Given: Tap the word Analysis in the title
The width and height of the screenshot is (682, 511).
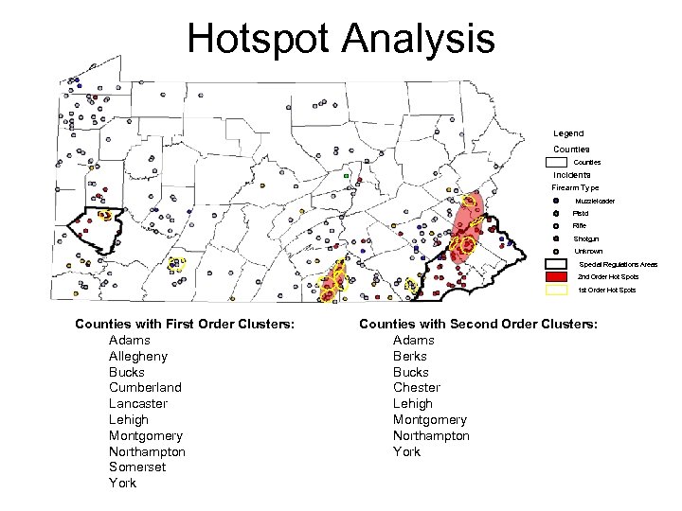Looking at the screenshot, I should (418, 40).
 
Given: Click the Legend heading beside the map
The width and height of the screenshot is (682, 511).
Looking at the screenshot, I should (568, 133).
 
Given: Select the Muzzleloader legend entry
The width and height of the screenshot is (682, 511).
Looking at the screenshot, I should (595, 201).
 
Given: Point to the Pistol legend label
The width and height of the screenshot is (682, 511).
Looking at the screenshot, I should (581, 214).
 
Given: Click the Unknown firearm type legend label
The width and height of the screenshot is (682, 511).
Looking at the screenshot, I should (587, 251).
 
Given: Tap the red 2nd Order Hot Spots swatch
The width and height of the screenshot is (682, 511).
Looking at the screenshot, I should (556, 276).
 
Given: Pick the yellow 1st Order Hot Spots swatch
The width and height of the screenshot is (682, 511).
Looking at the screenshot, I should (556, 290).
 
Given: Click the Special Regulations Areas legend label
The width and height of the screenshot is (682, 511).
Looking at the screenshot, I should (618, 264).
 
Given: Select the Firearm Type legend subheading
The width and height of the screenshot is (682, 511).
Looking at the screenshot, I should (575, 187).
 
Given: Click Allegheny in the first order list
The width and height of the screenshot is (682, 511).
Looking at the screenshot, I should (138, 356).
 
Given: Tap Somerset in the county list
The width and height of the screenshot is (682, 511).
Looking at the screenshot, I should (137, 467).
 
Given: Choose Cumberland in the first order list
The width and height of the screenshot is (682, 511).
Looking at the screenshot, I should (145, 387).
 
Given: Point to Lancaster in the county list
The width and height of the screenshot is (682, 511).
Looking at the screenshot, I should (138, 403).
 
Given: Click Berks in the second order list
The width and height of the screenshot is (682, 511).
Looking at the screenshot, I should (411, 356).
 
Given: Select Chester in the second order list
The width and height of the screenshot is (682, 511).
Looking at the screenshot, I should (417, 387).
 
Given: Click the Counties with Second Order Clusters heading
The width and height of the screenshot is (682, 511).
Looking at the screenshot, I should (478, 325).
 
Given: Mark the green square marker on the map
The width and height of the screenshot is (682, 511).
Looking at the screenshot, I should (347, 177).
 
